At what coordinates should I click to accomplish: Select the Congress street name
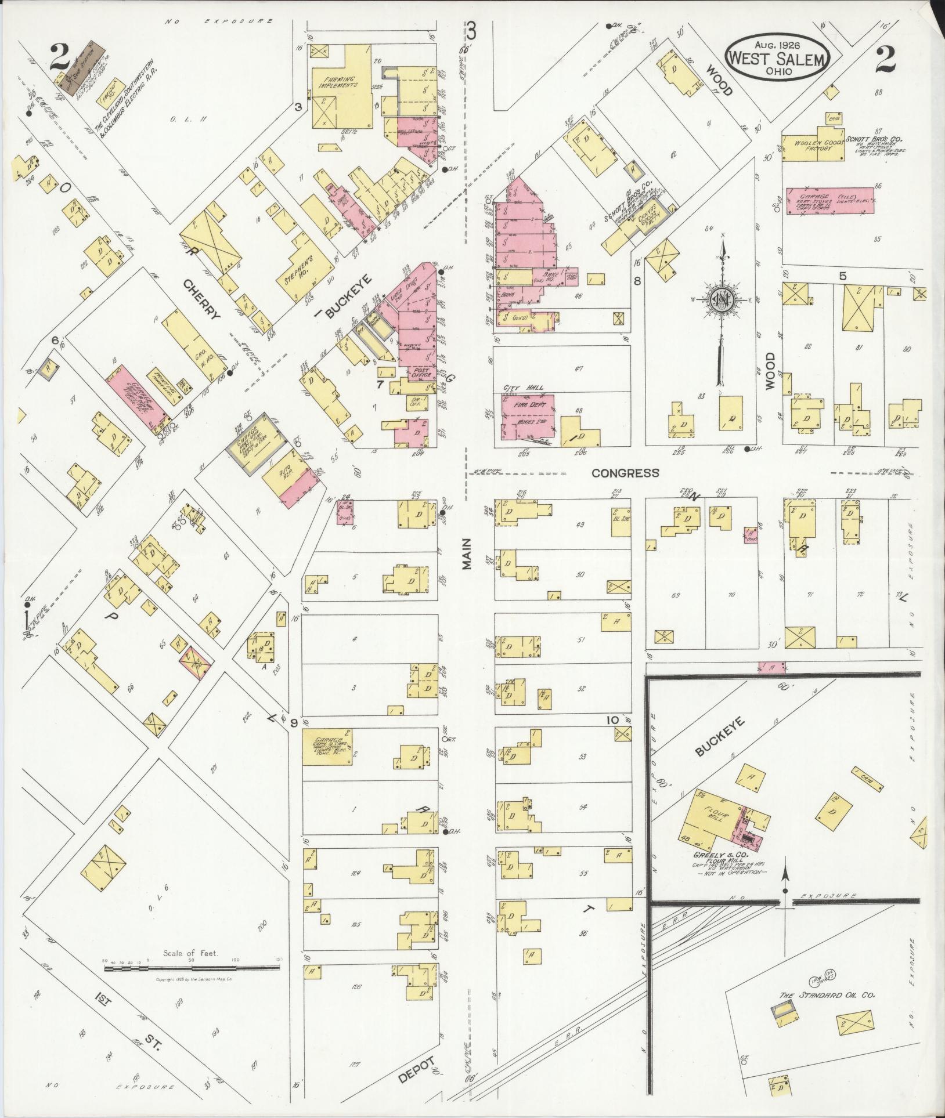[x=625, y=473]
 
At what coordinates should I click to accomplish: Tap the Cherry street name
[x=203, y=299]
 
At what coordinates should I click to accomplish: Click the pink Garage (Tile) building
[x=829, y=200]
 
